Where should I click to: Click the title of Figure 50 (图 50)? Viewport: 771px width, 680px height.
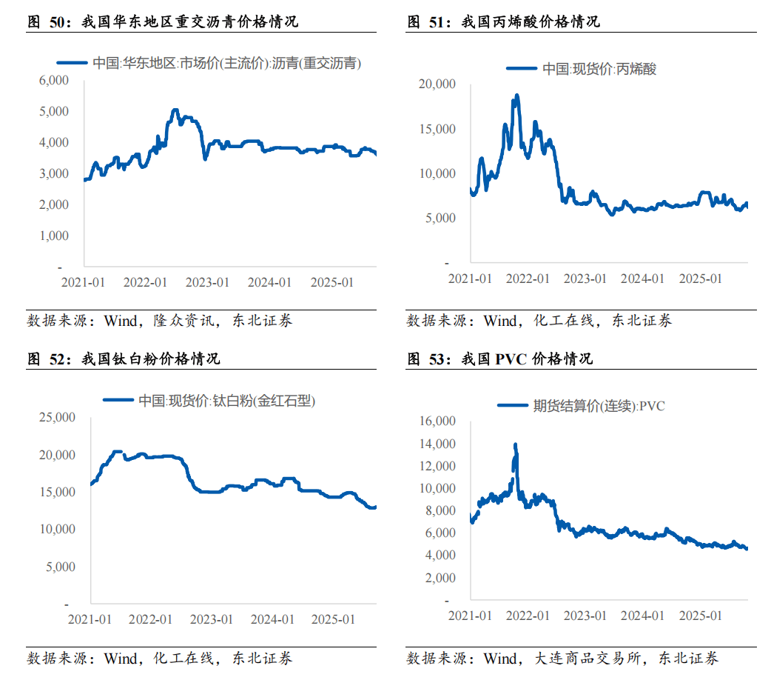click(x=163, y=21)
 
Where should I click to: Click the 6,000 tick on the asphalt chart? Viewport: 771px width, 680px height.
click(x=53, y=80)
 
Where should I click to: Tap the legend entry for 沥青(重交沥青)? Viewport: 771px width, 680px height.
click(x=226, y=64)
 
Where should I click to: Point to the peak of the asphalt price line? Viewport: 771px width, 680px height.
click(x=175, y=110)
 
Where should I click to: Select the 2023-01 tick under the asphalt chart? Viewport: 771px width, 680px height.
click(x=208, y=282)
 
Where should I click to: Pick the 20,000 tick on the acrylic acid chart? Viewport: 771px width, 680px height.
click(x=437, y=84)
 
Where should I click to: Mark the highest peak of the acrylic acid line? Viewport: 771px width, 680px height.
click(x=516, y=95)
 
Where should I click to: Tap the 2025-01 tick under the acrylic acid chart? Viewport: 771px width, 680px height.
click(x=700, y=279)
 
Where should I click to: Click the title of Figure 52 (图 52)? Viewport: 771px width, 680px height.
click(x=124, y=359)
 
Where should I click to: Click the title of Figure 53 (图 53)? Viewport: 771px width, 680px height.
click(x=500, y=359)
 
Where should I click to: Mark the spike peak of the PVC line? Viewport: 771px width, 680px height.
click(x=515, y=444)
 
